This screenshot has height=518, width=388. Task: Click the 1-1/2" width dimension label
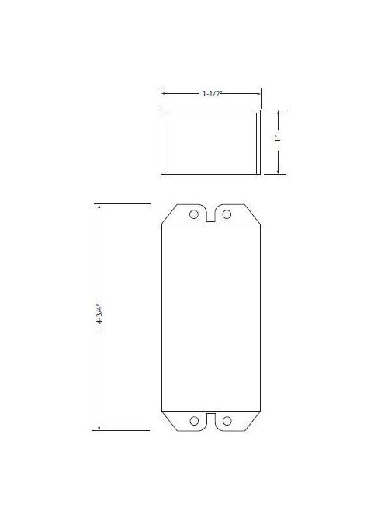click(x=210, y=93)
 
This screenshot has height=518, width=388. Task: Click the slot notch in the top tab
click(x=211, y=215)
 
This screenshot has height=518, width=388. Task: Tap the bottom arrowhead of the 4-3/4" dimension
click(x=100, y=427)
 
